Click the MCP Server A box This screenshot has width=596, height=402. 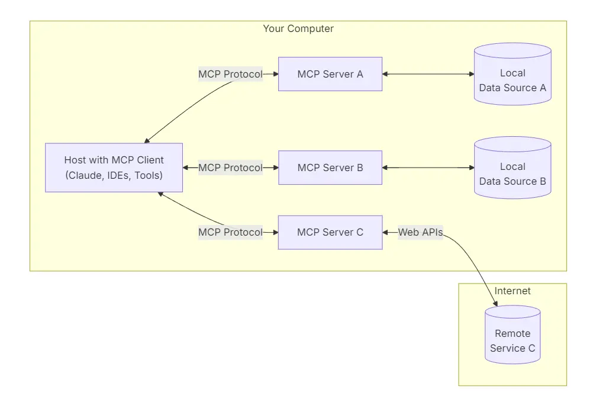(330, 74)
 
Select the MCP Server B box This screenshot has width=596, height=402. (330, 168)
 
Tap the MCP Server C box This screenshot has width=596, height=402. (330, 232)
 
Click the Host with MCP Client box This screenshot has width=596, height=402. (114, 168)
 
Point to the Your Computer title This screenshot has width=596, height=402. (298, 28)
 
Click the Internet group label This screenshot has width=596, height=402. (513, 291)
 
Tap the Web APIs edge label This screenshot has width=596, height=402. (420, 232)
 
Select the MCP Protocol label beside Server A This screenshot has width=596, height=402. (230, 74)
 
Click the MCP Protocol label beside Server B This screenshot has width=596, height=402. (230, 168)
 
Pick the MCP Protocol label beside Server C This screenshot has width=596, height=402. (230, 232)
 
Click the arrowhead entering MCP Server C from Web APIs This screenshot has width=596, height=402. (386, 232)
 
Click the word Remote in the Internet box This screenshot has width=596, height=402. (513, 333)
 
